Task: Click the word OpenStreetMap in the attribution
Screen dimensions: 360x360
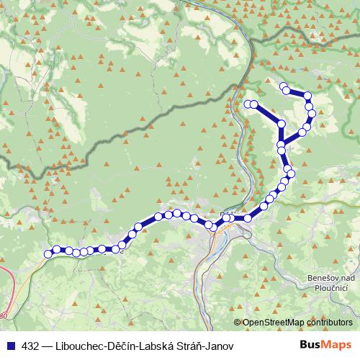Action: [275, 323]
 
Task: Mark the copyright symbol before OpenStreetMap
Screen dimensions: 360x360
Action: [238, 323]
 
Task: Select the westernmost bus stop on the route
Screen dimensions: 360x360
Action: [48, 253]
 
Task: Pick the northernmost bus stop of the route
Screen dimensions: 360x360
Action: [284, 87]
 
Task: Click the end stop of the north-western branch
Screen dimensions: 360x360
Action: [248, 104]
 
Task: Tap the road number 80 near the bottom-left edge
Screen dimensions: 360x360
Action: [4, 315]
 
